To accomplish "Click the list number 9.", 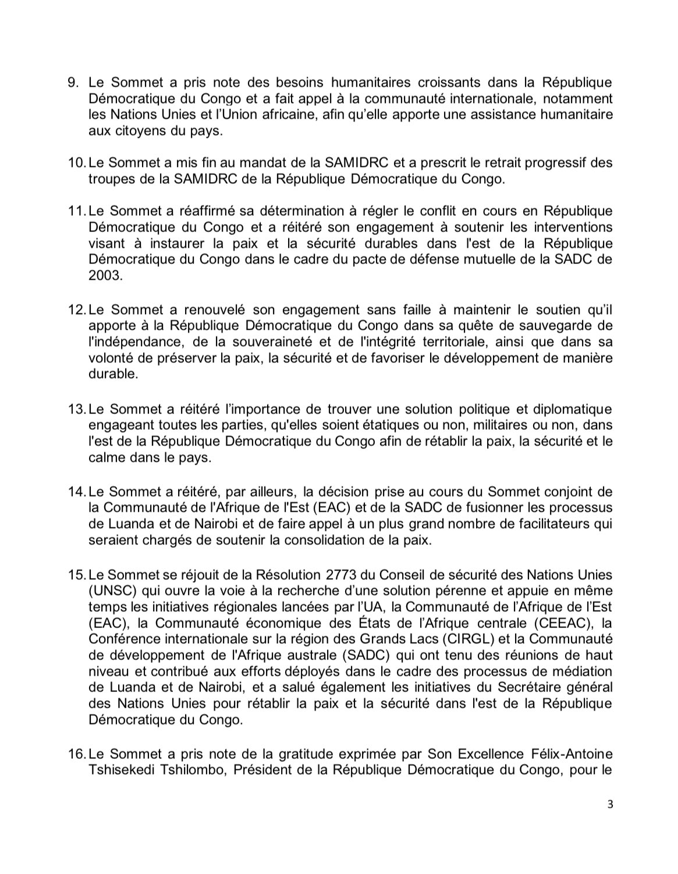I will (x=74, y=83).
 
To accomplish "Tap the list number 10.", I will (x=76, y=163).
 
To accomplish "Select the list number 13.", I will (x=76, y=409).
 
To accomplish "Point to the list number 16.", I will (x=76, y=755).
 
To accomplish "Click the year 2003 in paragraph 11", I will (x=105, y=276).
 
